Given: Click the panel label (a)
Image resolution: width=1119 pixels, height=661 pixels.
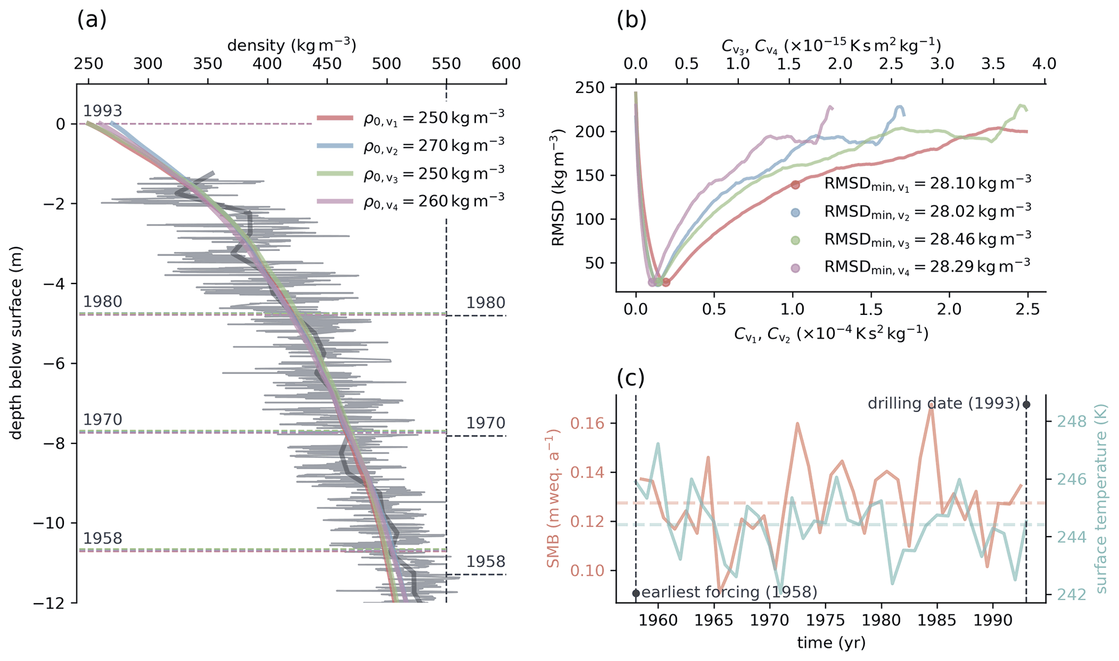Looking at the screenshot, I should point(92,20).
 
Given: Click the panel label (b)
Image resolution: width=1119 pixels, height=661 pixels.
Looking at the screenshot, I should point(631,20).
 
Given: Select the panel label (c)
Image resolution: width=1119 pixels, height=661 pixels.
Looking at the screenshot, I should point(631,378).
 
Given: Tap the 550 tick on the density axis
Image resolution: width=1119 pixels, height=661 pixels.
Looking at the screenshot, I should point(447,64).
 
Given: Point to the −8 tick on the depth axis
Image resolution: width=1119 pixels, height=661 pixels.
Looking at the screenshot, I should point(56,443).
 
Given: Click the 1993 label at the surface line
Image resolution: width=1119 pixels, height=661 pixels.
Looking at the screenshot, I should point(102,111).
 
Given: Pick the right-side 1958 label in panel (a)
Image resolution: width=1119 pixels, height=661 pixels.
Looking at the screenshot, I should point(486,562).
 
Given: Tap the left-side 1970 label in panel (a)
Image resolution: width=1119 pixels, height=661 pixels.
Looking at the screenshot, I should point(102,420).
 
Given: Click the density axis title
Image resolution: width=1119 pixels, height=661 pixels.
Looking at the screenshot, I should point(291,45).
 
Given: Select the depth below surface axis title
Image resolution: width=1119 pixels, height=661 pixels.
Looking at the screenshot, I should point(17,343).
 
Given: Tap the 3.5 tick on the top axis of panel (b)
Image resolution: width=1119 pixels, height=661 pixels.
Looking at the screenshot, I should point(993,64).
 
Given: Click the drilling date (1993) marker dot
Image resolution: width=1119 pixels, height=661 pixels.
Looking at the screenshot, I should point(1026,405).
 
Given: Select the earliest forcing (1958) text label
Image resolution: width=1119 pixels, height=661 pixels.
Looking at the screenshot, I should point(729,592).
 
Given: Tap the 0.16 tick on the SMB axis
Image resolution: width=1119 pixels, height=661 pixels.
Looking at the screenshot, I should point(591,423).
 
